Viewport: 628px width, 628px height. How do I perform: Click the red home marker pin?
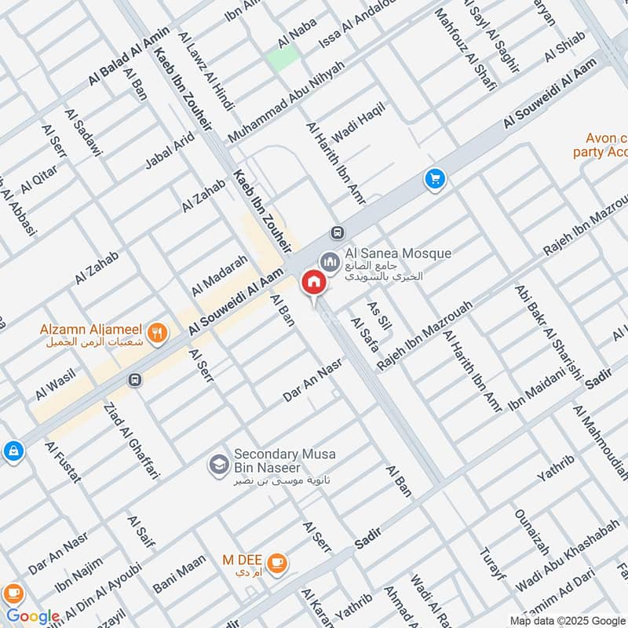click(313, 282)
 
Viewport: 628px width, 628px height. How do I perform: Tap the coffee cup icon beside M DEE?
click(276, 562)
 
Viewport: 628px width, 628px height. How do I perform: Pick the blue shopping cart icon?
click(435, 180)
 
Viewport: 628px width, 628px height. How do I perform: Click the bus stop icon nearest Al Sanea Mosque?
click(338, 232)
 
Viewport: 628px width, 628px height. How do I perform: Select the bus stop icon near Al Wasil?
click(135, 380)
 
